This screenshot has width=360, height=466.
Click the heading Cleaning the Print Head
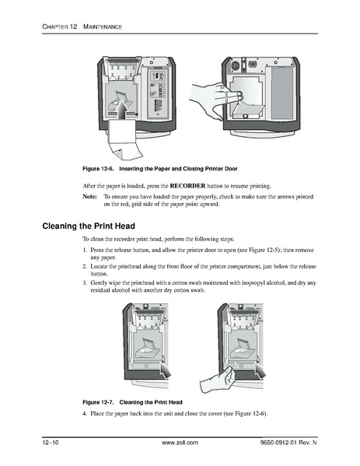[x=100, y=227]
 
